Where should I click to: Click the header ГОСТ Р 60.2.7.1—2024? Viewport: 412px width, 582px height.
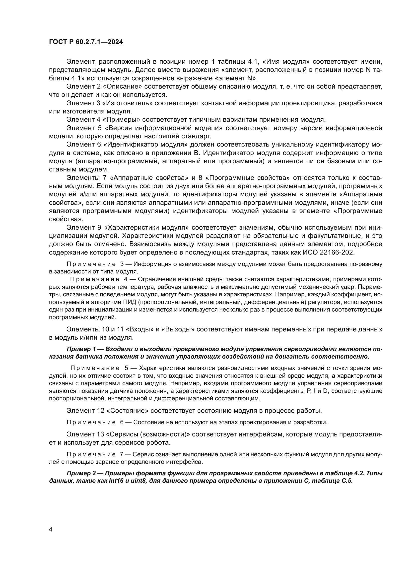86,42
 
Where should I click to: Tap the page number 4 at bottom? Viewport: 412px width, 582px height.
51,529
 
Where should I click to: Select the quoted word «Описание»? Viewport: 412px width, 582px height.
122,86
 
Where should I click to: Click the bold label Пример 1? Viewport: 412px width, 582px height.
79,349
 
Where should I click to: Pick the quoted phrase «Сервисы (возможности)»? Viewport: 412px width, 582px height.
148,434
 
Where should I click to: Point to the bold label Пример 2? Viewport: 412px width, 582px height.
79,474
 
